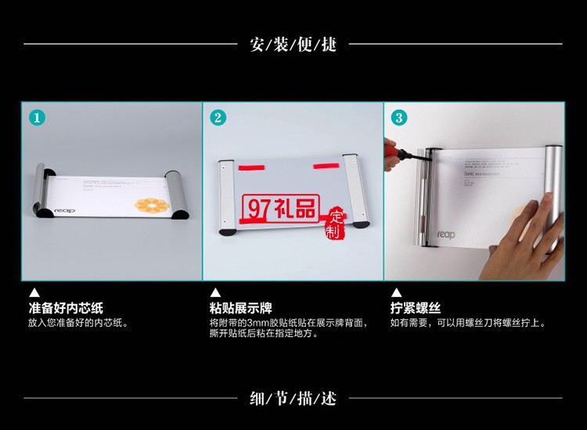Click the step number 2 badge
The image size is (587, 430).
[218, 118]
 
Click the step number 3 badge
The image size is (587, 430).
[399, 118]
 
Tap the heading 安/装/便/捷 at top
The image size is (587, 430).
[293, 44]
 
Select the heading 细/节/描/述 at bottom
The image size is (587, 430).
[293, 399]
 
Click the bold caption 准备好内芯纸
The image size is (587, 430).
[66, 308]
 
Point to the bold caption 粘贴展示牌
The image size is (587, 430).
[241, 308]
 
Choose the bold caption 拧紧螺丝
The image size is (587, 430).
[416, 308]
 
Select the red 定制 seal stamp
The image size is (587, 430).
[336, 222]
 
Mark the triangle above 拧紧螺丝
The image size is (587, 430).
[396, 293]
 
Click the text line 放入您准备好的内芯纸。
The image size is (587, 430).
[78, 322]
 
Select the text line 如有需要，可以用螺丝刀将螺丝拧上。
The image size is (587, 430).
[468, 322]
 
